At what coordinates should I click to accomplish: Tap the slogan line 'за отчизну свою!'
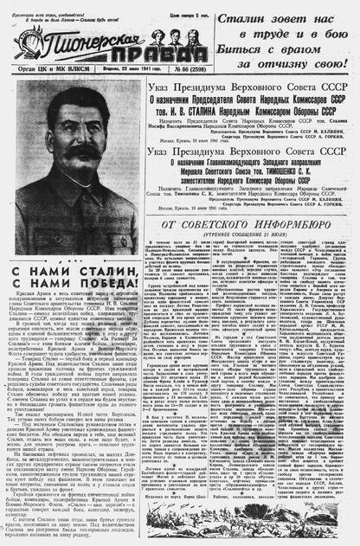289,61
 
